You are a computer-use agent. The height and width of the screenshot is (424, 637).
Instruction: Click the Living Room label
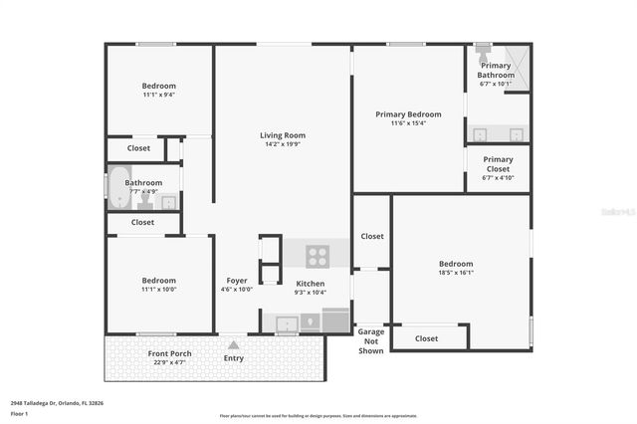[283, 135]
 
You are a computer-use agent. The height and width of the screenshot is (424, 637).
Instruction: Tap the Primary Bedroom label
[408, 114]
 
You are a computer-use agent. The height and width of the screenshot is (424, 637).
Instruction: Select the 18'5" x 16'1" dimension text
[456, 273]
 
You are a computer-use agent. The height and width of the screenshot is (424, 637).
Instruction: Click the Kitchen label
[311, 284]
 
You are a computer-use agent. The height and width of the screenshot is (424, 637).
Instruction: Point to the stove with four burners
[318, 256]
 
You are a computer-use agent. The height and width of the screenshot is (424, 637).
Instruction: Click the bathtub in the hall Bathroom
[119, 188]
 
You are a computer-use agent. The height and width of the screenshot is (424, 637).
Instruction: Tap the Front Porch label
[170, 353]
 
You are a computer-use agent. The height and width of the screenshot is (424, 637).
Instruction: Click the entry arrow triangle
[234, 345]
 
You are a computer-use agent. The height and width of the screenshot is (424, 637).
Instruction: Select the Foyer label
[237, 281]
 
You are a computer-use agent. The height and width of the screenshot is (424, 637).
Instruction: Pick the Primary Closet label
[498, 164]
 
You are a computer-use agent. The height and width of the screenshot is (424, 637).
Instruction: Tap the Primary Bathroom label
[496, 71]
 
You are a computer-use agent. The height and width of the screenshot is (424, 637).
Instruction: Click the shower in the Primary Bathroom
[517, 57]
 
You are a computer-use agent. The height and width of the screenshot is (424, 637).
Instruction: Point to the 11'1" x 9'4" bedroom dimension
[158, 96]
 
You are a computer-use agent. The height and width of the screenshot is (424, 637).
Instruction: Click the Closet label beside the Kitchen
[372, 237]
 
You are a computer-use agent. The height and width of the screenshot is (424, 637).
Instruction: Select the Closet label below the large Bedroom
[426, 338]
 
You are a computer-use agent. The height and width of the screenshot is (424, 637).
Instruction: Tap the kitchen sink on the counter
[287, 322]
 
